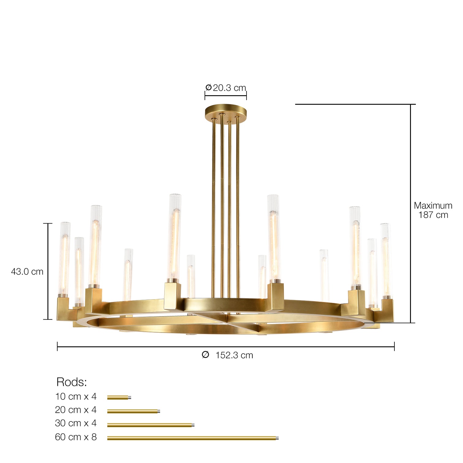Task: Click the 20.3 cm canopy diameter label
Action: coord(226,88)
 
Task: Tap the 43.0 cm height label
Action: coord(27,272)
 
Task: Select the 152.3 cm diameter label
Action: coord(234,355)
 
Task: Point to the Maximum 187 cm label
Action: coord(433,210)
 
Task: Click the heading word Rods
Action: coord(72,382)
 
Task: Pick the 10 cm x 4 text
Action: coord(76,397)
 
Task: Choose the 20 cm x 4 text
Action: coord(76,410)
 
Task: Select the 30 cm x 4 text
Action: coord(76,423)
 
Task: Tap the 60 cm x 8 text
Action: coord(76,437)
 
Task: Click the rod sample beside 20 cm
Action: coord(134,411)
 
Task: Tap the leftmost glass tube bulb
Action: coord(64,259)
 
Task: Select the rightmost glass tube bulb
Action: coord(386,260)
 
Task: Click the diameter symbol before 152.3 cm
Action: coord(205,355)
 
